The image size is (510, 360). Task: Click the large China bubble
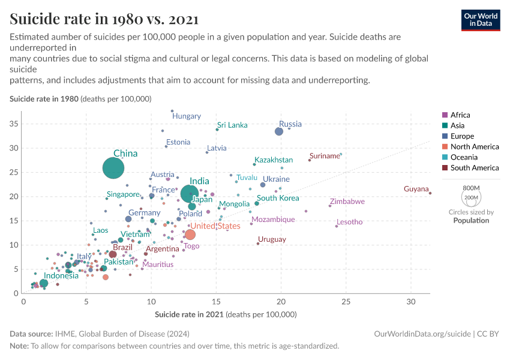click(x=113, y=169)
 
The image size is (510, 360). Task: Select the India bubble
click(x=190, y=193)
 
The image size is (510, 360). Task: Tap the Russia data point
click(x=278, y=131)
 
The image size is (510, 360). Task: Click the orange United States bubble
click(x=190, y=235)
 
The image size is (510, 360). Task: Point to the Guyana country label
click(x=416, y=189)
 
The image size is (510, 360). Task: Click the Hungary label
click(x=187, y=116)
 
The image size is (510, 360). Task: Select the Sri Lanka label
click(x=232, y=125)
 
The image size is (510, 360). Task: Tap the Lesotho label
click(x=349, y=222)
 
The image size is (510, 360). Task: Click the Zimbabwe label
click(x=347, y=202)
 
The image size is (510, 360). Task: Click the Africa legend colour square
click(x=445, y=115)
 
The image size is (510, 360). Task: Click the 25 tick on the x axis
click(x=346, y=301)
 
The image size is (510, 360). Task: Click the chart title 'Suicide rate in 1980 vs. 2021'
click(x=104, y=19)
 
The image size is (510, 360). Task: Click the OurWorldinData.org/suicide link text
click(x=422, y=334)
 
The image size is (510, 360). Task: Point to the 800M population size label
click(x=471, y=188)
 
